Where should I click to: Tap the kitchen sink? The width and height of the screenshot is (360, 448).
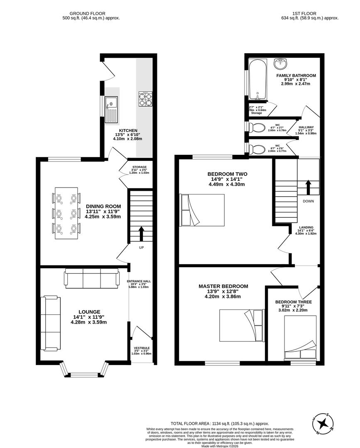coord(112,110)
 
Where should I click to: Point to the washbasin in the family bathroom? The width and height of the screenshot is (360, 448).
coord(281,64)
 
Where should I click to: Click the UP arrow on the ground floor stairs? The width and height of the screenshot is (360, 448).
coord(141,234)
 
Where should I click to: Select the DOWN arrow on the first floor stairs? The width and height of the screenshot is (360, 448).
coord(308,187)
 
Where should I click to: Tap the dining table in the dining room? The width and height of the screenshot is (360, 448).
coord(66,214)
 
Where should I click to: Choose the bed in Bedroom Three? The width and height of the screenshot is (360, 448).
coord(300,337)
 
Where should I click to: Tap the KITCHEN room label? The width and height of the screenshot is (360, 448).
coord(127,131)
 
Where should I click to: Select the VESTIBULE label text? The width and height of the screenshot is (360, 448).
coord(142,348)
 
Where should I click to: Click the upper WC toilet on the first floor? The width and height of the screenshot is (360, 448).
coord(258,127)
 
